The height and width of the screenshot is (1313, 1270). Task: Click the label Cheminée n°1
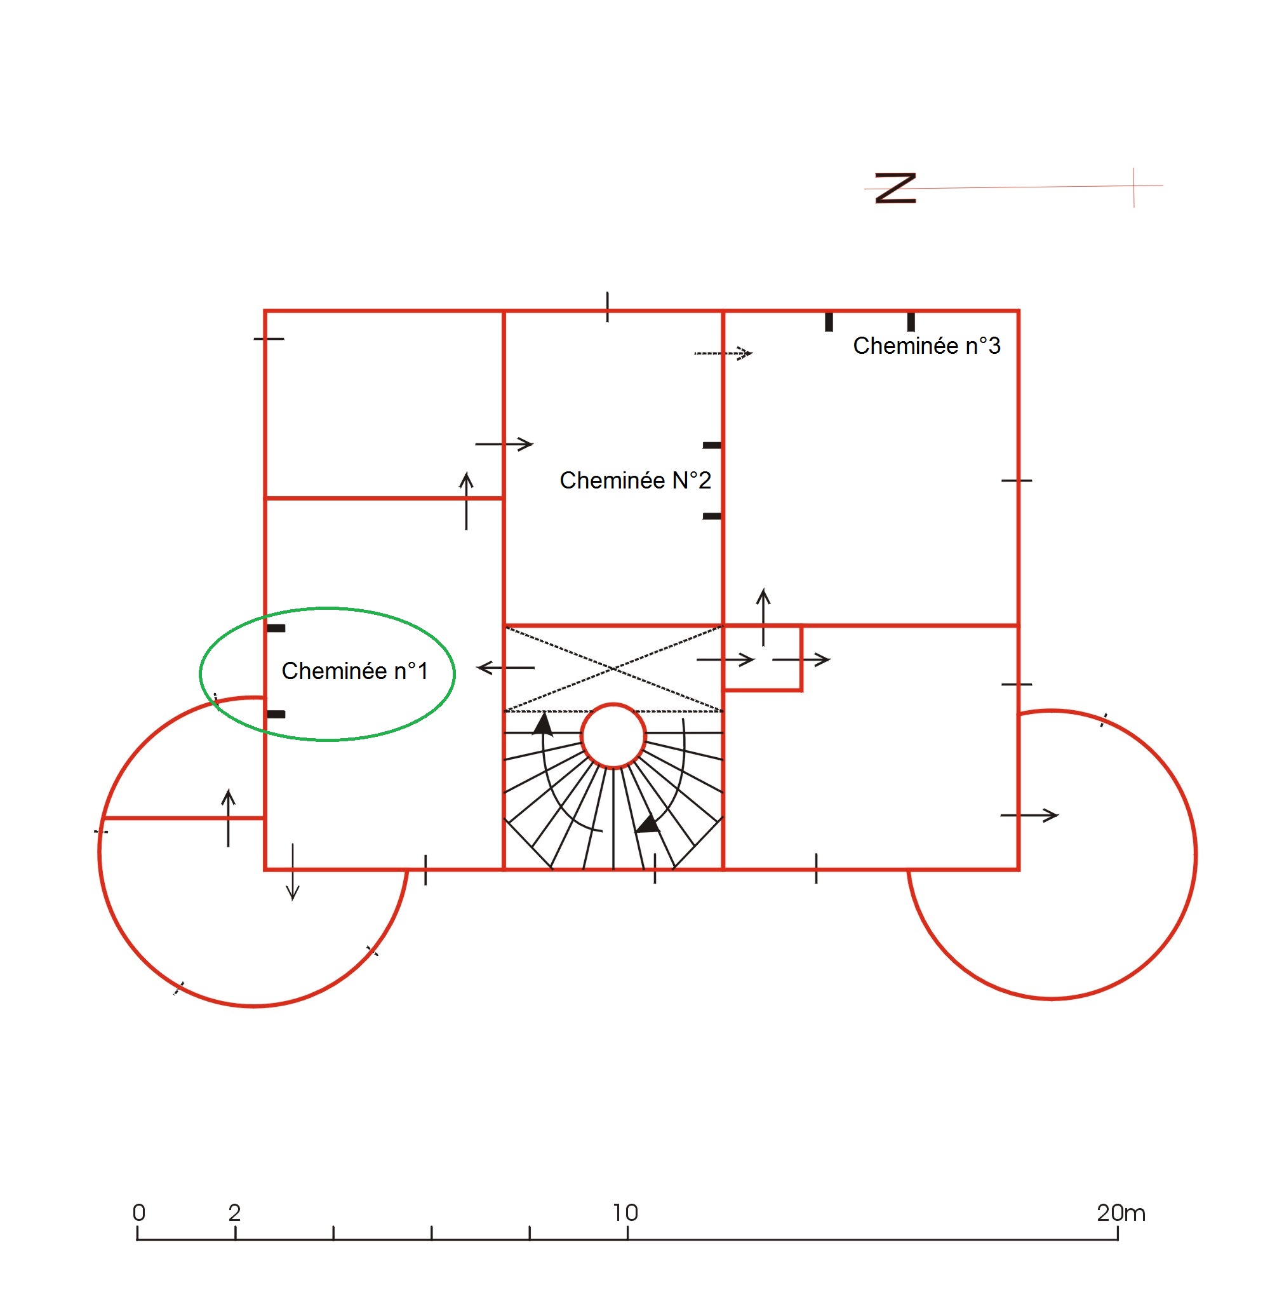coord(354,671)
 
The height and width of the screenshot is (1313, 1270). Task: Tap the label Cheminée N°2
coord(635,480)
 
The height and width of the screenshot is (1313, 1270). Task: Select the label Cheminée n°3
coord(926,346)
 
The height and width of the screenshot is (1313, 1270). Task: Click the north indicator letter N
coord(895,188)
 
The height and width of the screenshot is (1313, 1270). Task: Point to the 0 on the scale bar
coord(138,1213)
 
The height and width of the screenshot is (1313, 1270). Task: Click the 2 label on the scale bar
coord(234,1213)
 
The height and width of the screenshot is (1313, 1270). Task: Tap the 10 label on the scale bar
coord(625,1213)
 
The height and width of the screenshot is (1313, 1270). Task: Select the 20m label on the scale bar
coord(1121,1213)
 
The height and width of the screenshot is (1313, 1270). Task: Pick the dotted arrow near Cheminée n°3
coord(723,353)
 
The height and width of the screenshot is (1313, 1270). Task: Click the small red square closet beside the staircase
coord(763,658)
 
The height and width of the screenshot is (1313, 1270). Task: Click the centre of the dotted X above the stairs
coord(613,668)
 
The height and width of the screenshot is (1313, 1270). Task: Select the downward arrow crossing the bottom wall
coord(293,872)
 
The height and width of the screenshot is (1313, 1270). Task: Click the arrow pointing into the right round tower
coord(1029,815)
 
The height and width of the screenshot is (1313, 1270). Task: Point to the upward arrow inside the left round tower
coord(229,818)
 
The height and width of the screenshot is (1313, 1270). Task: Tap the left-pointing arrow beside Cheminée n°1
coord(505,668)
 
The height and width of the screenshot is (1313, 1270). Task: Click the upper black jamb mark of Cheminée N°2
coord(712,445)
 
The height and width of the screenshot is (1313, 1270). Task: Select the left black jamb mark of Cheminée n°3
coord(829,321)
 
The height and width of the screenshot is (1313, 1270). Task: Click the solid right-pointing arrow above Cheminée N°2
coord(504,443)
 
